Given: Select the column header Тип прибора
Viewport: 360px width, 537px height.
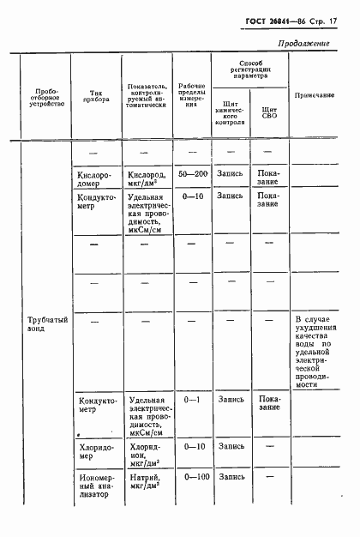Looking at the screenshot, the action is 95,97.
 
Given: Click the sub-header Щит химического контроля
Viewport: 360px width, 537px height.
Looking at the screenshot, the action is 231,112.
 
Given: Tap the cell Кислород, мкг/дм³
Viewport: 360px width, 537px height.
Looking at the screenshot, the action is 146,178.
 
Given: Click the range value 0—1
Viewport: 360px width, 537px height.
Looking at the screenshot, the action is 191,400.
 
